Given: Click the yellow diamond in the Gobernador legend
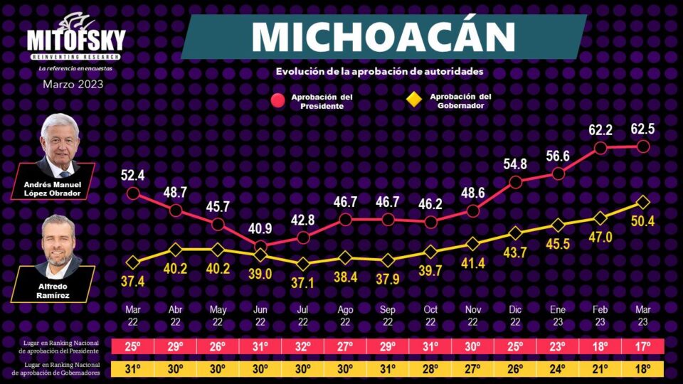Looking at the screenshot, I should click(413, 100).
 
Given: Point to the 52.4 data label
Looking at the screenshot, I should click(133, 174).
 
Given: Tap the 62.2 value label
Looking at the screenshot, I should click(600, 130).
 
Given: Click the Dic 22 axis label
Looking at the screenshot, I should click(515, 315).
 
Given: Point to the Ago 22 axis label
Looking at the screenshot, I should click(345, 315).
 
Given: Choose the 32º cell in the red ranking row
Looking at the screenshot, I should click(303, 347).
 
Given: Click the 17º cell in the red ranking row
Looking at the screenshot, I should click(642, 347).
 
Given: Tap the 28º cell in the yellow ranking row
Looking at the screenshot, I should click(430, 369).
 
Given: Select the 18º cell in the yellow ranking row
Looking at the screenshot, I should click(642, 369).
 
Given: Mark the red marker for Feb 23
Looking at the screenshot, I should click(600, 148).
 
